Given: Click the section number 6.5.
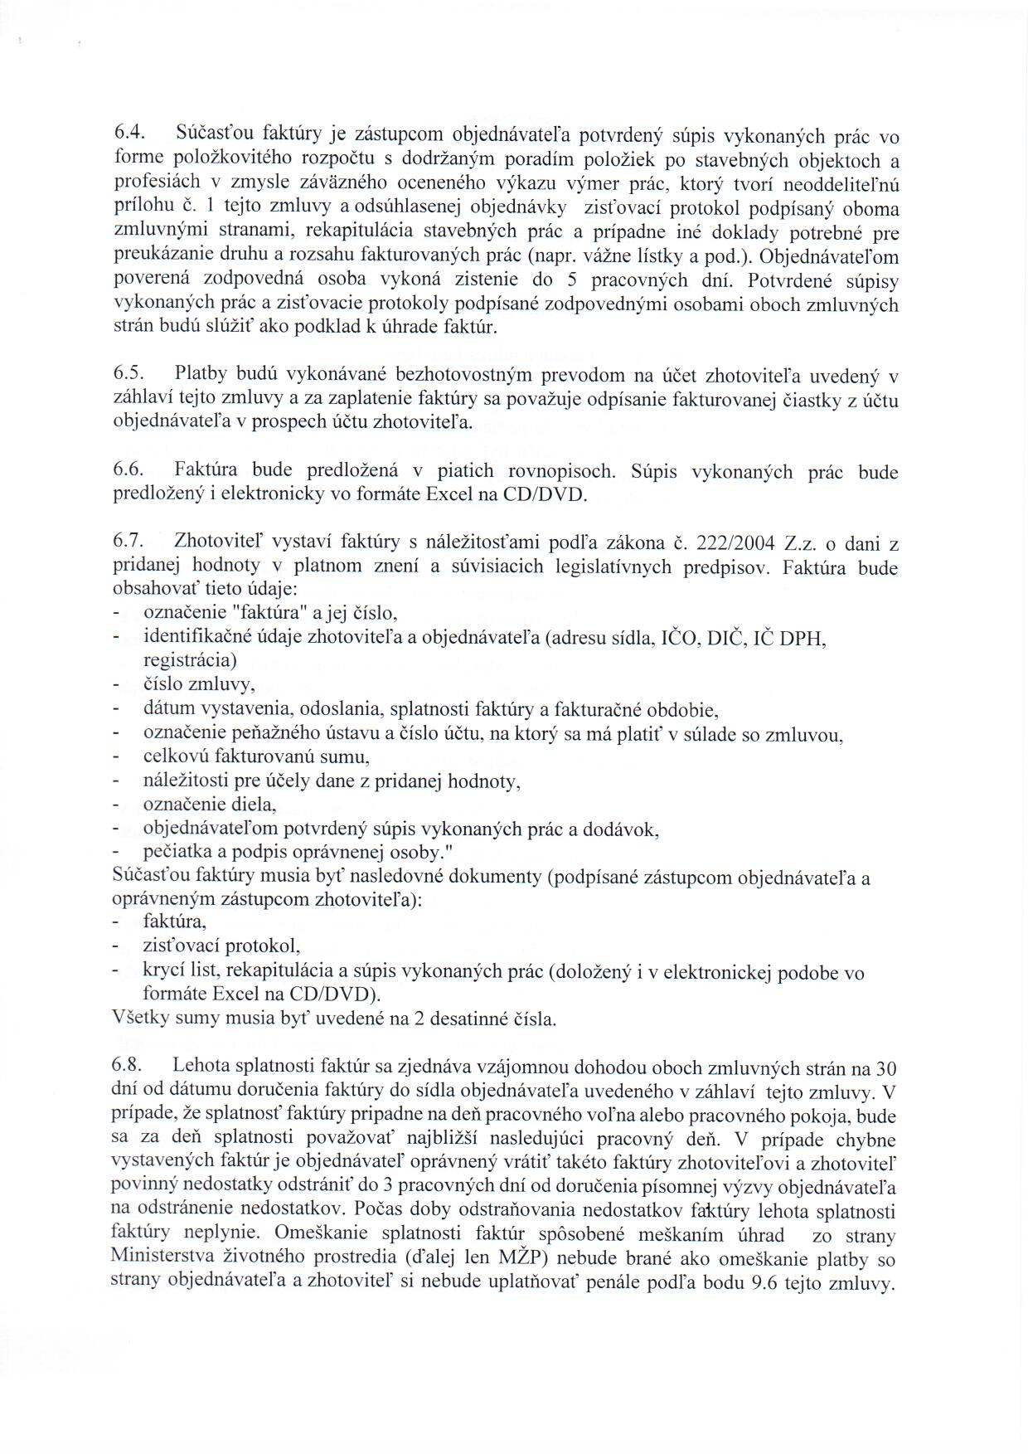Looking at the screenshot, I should coord(129,375).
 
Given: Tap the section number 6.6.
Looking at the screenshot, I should coord(129,470).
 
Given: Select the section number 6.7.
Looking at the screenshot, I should coord(129,542).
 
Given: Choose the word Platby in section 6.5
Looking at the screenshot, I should coord(199,375).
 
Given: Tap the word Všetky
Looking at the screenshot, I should coord(139,1019).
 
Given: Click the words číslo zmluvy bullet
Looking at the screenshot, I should coord(199,685).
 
